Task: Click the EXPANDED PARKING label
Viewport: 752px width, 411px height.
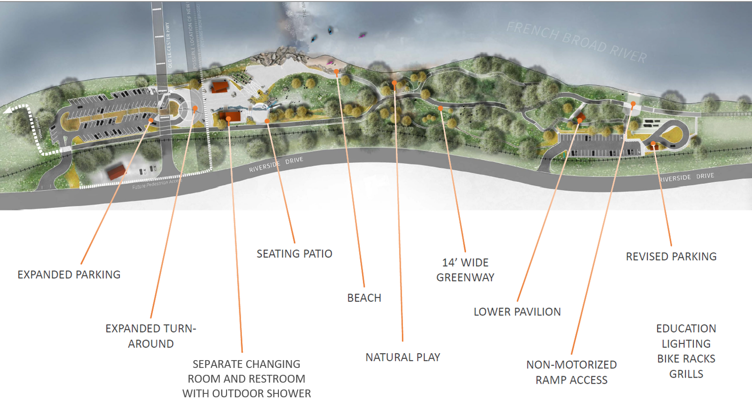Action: [69, 275]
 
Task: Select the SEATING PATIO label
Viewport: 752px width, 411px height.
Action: [295, 254]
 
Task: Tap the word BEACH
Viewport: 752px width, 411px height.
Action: [364, 298]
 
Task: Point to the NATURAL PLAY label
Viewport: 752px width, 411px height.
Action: [403, 358]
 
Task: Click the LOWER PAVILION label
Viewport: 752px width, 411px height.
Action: [517, 312]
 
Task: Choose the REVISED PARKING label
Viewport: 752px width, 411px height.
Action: [671, 257]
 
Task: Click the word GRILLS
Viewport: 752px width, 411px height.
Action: [686, 374]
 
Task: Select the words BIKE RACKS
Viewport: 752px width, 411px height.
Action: [686, 359]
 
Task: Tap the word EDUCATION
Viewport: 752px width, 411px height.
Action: [686, 329]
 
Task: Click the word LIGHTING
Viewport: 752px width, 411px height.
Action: [686, 344]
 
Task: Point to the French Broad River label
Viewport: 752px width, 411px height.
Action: [576, 43]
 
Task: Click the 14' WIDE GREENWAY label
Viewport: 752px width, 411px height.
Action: [465, 270]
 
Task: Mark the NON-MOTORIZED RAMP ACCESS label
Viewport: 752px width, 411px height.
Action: [571, 372]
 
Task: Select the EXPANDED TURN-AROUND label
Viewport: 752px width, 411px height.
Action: [151, 336]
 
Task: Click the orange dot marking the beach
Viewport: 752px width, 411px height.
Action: [337, 71]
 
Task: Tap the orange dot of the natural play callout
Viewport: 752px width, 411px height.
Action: [394, 83]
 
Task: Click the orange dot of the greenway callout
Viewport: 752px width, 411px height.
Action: [440, 108]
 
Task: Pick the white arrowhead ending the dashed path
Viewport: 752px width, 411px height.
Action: [8, 111]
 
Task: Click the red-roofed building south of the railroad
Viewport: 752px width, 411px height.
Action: [116, 172]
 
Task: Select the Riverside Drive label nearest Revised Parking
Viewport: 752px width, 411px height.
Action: [686, 177]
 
